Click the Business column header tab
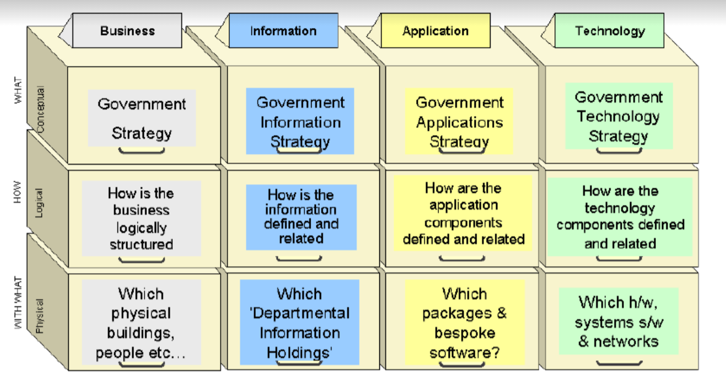127,31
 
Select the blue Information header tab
283,31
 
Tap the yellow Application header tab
435,31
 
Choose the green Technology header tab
609,31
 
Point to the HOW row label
18,191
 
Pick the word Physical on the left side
41,315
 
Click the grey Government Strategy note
142,118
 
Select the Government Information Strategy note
300,122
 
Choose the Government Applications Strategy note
459,122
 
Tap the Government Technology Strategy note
618,116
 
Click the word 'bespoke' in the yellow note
465,333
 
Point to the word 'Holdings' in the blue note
299,353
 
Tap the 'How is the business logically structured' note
141,218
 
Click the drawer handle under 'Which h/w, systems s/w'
619,363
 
